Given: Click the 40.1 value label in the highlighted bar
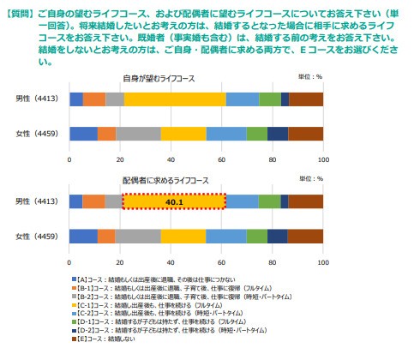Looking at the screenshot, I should [x=175, y=201].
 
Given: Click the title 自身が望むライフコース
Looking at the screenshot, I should [x=195, y=78].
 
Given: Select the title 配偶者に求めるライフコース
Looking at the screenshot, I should [x=195, y=181].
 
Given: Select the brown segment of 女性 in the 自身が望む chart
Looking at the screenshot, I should [x=306, y=134].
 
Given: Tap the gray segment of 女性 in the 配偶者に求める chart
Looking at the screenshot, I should [x=137, y=237].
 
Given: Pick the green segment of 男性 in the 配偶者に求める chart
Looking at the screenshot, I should [x=270, y=201].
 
